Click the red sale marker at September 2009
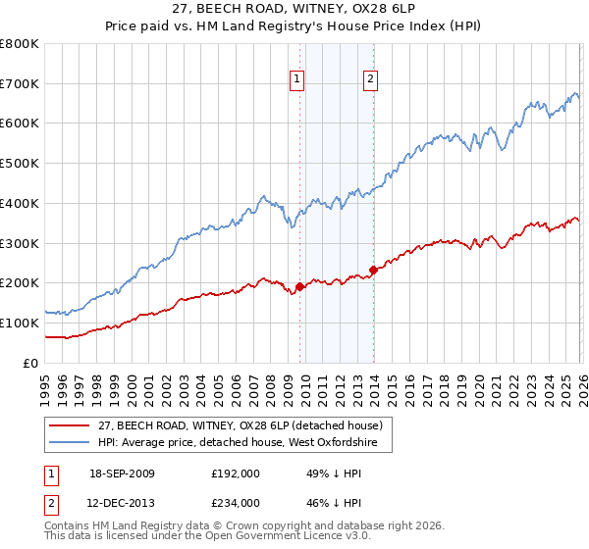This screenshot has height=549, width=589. point(299,286)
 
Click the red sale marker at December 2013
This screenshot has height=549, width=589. point(374,270)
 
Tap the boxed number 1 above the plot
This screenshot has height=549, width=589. point(296,81)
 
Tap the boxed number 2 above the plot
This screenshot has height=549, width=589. point(371,81)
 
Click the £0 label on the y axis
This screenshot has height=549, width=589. point(31,363)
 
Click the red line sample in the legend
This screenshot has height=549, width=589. point(72,425)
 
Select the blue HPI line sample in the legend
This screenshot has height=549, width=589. point(72,442)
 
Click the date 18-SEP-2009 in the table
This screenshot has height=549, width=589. point(123,473)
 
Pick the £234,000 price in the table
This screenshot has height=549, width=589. point(236,502)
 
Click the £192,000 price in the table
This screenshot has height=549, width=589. point(236,473)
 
